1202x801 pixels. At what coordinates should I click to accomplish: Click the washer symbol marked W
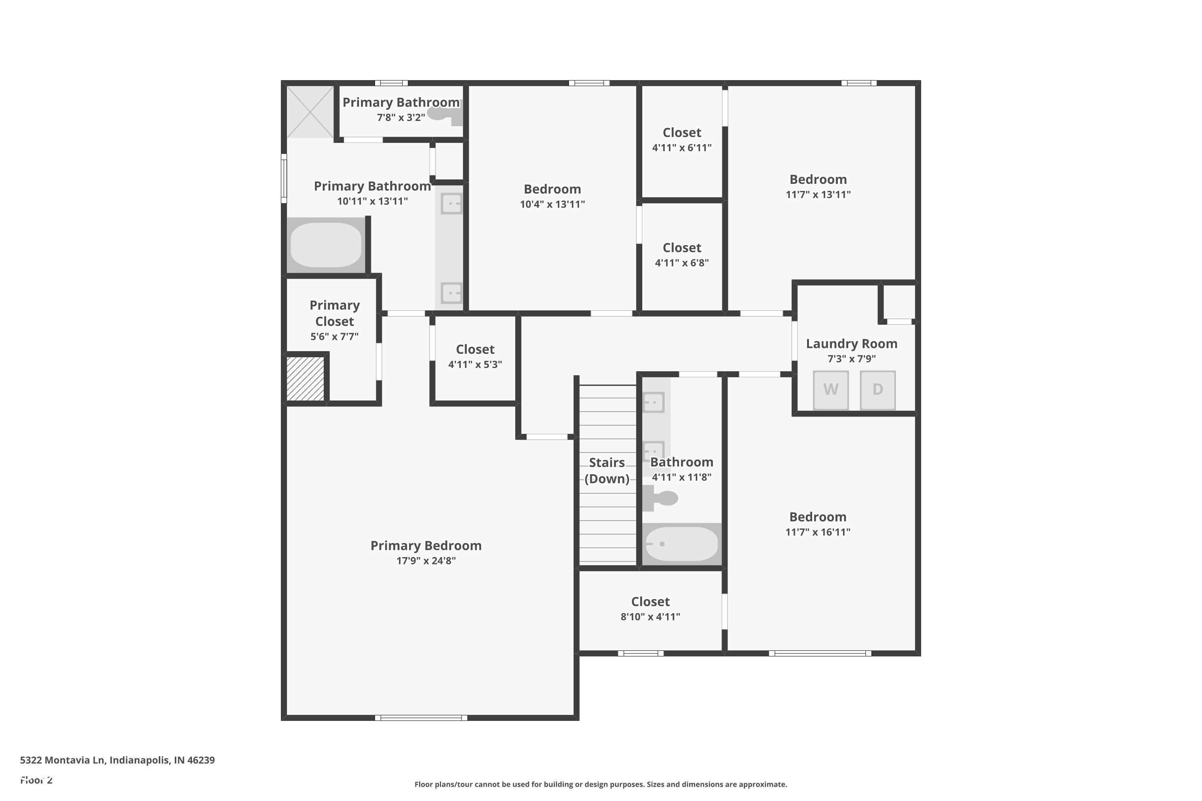click(831, 390)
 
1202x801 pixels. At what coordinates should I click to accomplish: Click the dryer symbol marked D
click(877, 390)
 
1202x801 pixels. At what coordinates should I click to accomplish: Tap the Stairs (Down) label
click(607, 471)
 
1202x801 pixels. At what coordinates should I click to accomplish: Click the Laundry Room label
click(851, 344)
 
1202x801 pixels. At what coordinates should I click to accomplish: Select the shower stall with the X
click(310, 111)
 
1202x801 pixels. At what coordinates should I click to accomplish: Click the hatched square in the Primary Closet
click(305, 378)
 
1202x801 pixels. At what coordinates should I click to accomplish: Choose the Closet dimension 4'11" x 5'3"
click(475, 364)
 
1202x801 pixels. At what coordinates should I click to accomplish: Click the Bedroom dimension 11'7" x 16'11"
click(818, 532)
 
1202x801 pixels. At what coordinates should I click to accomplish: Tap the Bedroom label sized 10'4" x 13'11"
click(552, 189)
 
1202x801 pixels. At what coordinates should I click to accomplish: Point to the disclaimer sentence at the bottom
click(601, 784)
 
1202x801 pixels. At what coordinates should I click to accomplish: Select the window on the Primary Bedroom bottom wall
click(421, 718)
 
